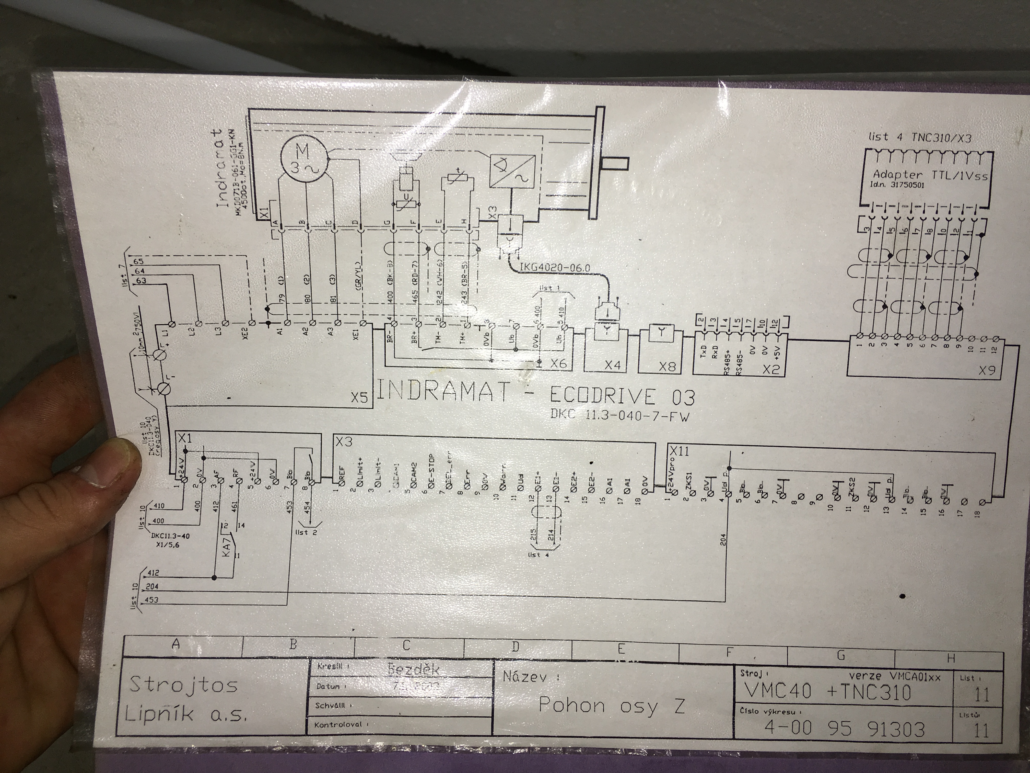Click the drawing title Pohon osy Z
click(611, 706)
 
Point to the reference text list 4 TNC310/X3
click(920, 138)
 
